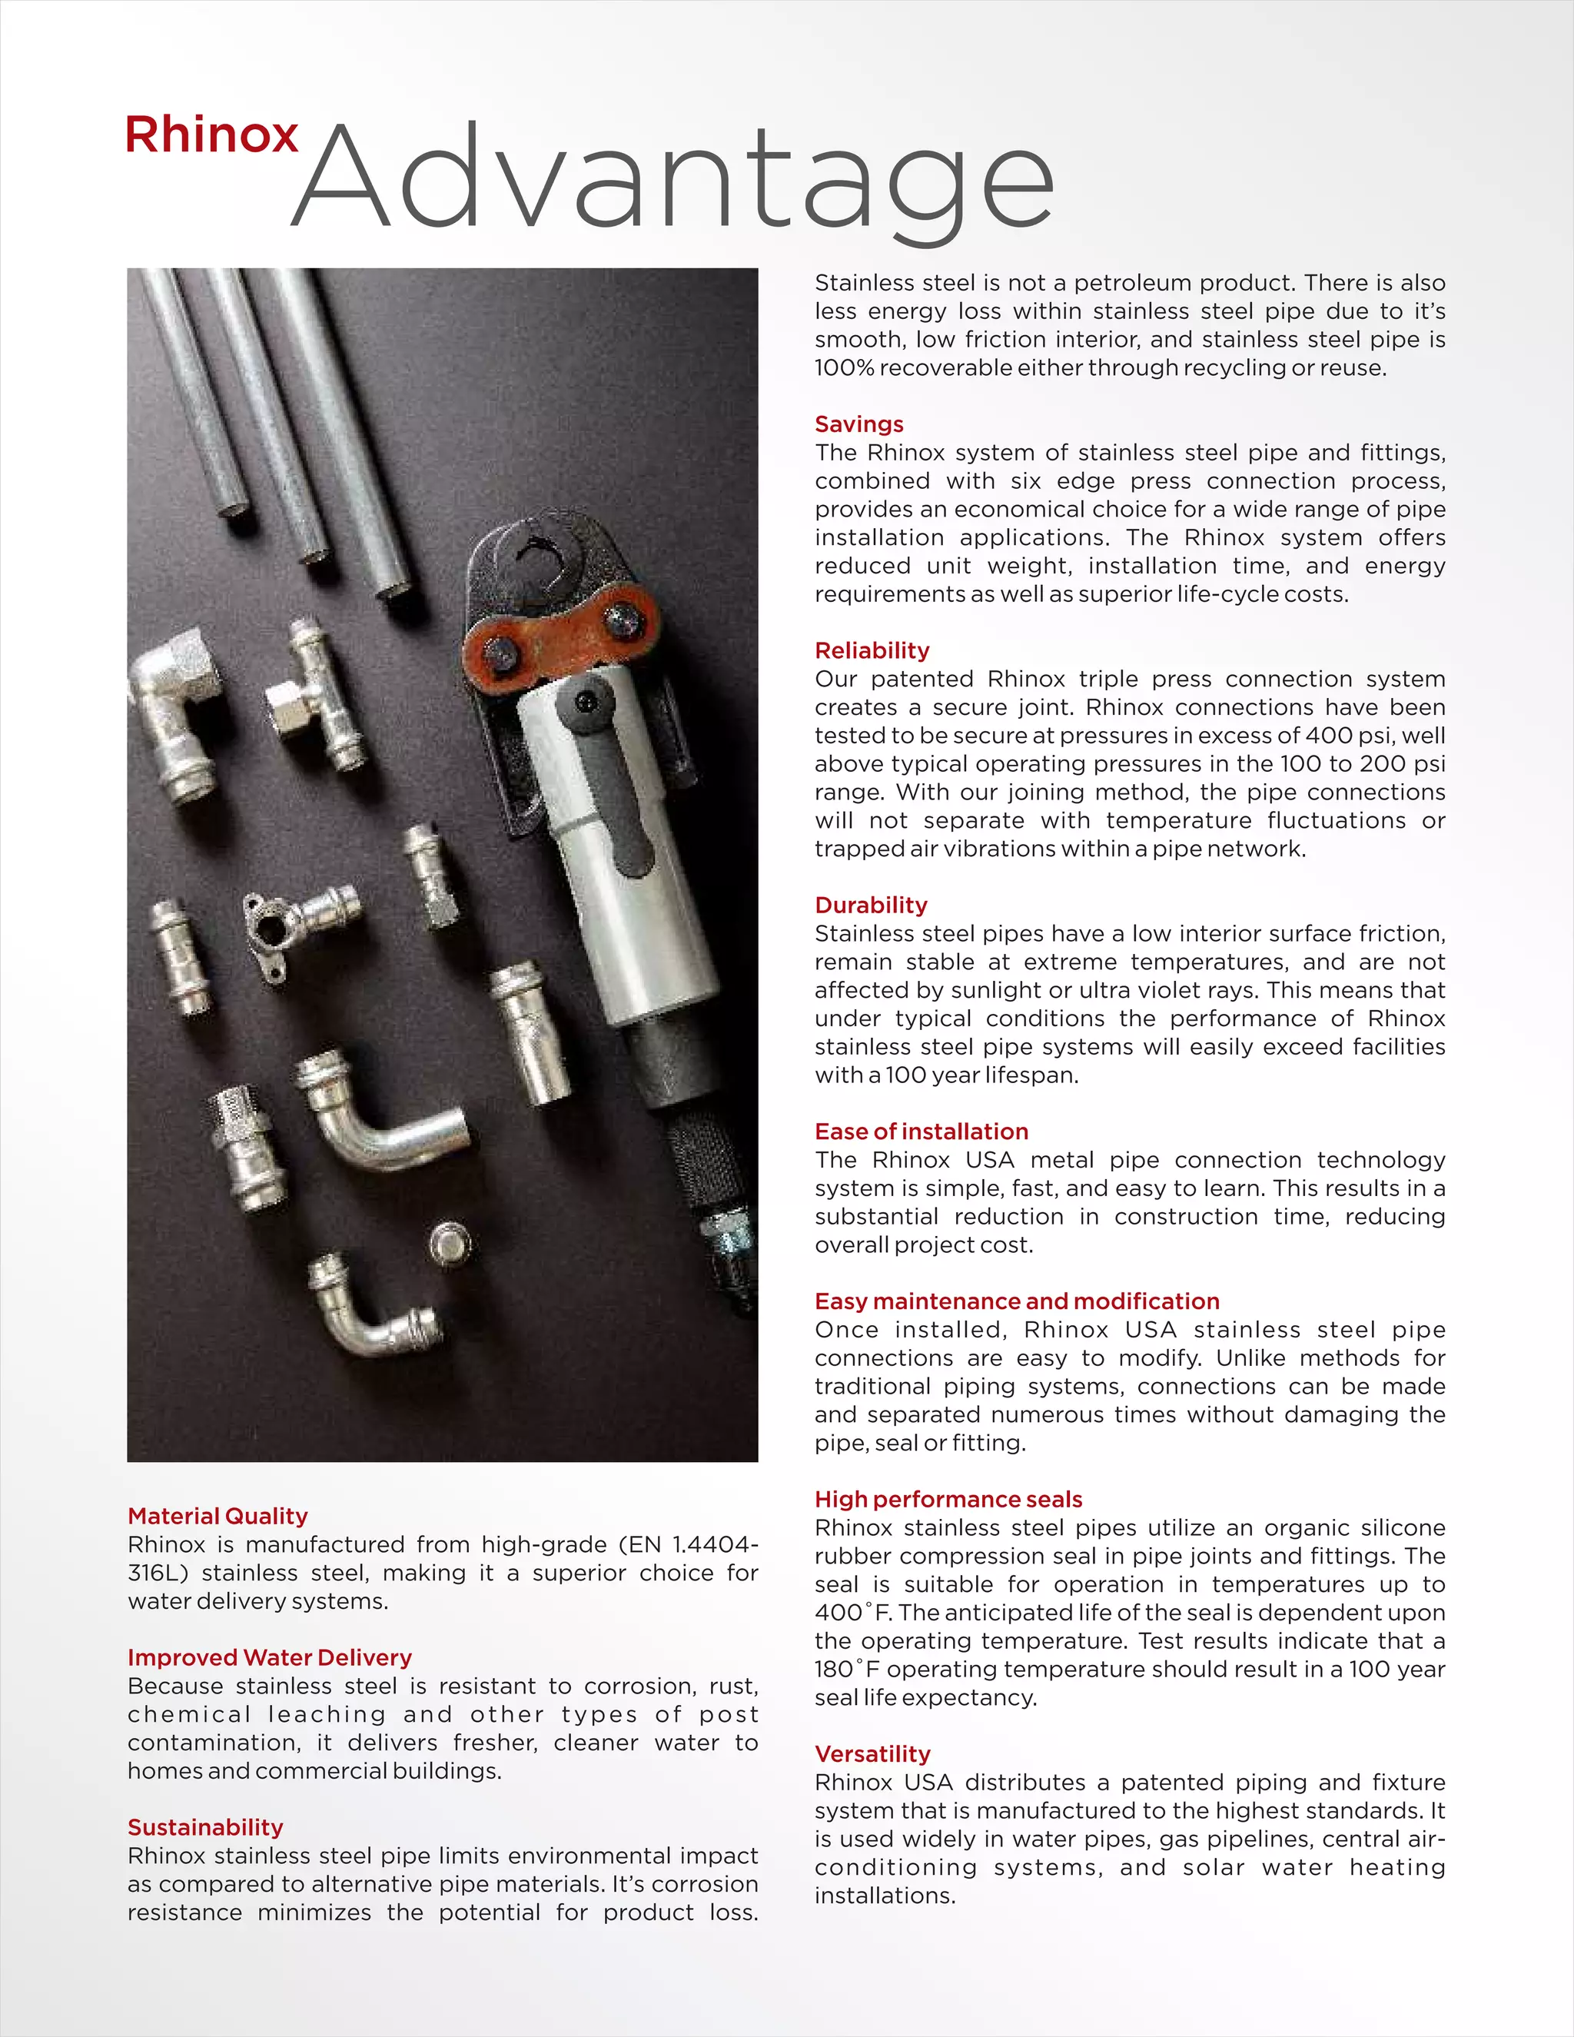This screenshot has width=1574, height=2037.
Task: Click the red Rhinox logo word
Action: tap(211, 135)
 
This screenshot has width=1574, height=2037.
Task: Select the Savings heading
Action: tap(858, 424)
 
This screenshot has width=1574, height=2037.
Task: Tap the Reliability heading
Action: tap(872, 650)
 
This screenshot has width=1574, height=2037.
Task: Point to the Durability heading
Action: tap(871, 905)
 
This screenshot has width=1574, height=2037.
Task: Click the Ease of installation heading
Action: tap(921, 1131)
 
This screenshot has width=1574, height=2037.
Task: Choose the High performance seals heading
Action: tap(948, 1499)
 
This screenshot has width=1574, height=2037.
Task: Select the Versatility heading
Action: tap(873, 1753)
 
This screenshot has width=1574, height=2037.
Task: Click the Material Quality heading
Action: tap(218, 1516)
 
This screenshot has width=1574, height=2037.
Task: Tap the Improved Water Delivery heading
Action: tap(270, 1657)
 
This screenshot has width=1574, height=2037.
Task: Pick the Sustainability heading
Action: tap(205, 1827)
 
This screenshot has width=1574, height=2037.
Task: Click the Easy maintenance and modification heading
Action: tap(1016, 1301)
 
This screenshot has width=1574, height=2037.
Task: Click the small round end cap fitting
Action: tap(450, 1243)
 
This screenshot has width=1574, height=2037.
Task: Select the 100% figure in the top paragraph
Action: tap(844, 367)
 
